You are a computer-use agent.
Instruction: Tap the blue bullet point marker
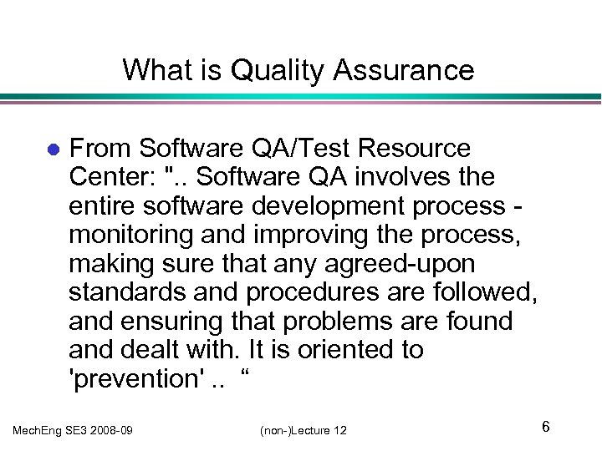[x=52, y=150]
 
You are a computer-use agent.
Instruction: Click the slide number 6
[x=545, y=428]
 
